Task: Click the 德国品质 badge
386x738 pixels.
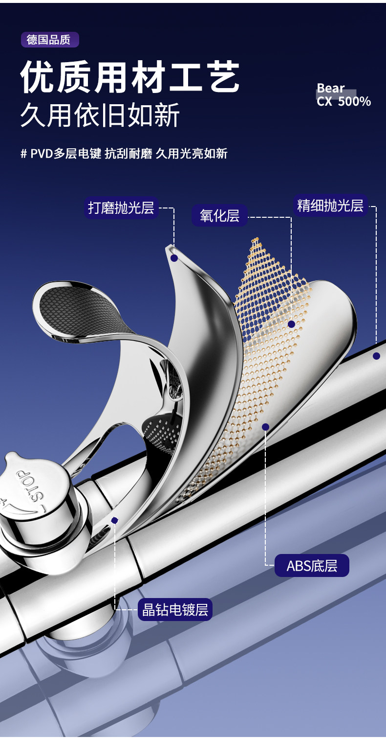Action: [x=49, y=40]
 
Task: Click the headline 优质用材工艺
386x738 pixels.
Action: [x=130, y=77]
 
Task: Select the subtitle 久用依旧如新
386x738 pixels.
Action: [x=100, y=115]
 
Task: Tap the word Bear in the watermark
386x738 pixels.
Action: [x=331, y=88]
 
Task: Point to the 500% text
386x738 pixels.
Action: [x=354, y=101]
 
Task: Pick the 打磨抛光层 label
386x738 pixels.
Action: [x=121, y=208]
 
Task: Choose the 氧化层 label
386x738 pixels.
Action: [x=219, y=216]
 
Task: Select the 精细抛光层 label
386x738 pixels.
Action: [x=330, y=206]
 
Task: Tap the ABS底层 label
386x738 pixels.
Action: [x=312, y=566]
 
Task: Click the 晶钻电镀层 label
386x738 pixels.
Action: [x=175, y=610]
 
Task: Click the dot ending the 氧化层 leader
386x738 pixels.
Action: [x=291, y=324]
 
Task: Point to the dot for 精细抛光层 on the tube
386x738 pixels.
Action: [x=376, y=356]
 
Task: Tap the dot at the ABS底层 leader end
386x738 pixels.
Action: [x=265, y=427]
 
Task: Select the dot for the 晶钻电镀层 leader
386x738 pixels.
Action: [x=114, y=520]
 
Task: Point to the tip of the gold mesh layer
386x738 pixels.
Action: [x=255, y=240]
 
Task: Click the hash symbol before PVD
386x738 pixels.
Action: [x=23, y=154]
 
